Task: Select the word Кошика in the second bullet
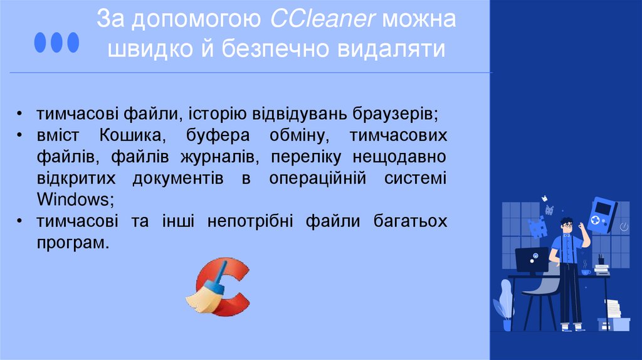[131, 135]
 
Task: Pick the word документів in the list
[178, 178]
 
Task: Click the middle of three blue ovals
[56, 41]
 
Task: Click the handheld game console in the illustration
[603, 215]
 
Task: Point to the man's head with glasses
[567, 227]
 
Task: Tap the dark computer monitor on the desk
[532, 259]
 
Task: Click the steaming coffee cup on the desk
[585, 271]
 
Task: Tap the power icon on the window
[623, 225]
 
